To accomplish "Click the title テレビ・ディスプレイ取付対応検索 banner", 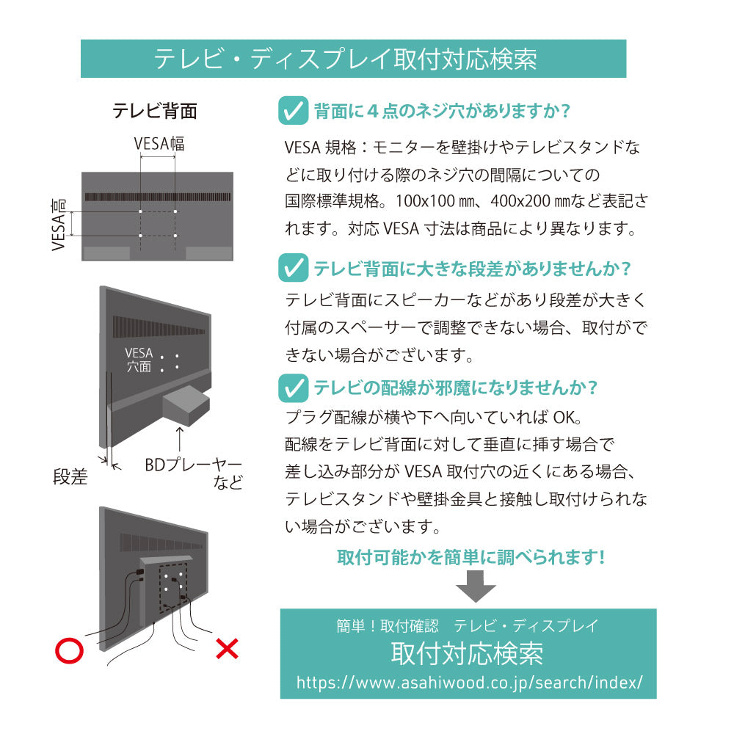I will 352,59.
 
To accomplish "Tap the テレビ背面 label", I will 154,111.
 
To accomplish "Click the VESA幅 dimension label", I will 159,143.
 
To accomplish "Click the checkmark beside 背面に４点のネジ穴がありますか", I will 294,112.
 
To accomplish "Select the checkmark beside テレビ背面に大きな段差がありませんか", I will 294,268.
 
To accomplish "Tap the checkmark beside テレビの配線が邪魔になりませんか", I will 294,387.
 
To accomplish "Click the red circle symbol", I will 70,649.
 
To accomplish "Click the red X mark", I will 227,648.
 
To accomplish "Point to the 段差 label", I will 70,477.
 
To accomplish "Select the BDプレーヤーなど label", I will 193,473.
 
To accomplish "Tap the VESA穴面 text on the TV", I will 139,360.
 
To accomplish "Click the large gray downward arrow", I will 476,588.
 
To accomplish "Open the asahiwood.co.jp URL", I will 469,682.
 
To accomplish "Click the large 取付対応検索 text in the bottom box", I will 468,653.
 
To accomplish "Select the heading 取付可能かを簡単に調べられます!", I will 470,557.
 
